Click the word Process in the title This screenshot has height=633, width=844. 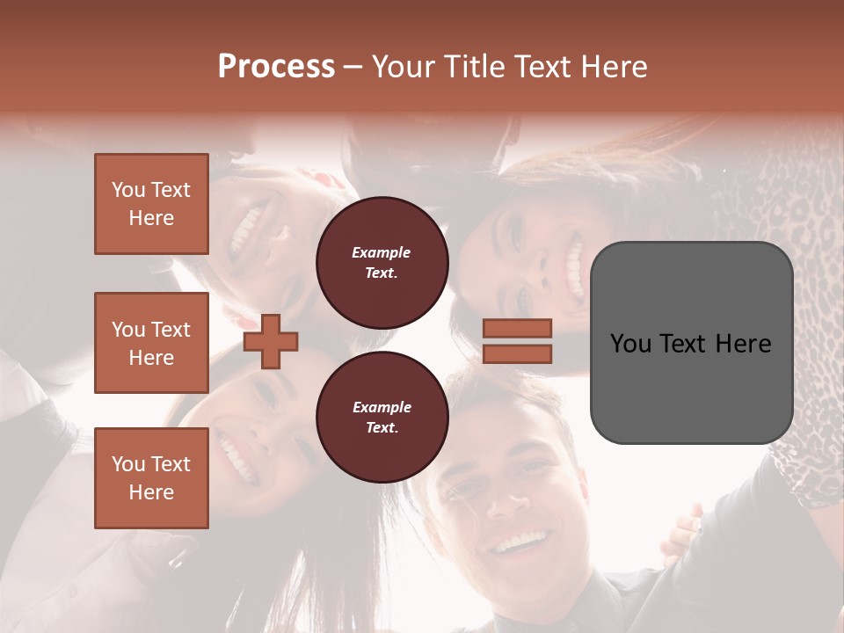click(276, 66)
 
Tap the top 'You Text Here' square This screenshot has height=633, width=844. click(151, 204)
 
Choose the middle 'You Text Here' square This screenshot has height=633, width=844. click(151, 343)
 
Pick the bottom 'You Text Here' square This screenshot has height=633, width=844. click(151, 477)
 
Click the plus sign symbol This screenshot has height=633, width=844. click(271, 341)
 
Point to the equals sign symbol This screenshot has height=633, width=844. click(517, 341)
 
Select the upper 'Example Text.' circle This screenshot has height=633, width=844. click(382, 262)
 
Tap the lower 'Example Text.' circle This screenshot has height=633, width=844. click(382, 417)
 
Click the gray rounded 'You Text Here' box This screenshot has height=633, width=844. click(691, 343)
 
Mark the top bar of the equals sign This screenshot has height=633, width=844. click(517, 329)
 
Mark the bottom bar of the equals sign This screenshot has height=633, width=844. click(517, 353)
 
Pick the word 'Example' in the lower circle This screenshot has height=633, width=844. click(382, 407)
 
